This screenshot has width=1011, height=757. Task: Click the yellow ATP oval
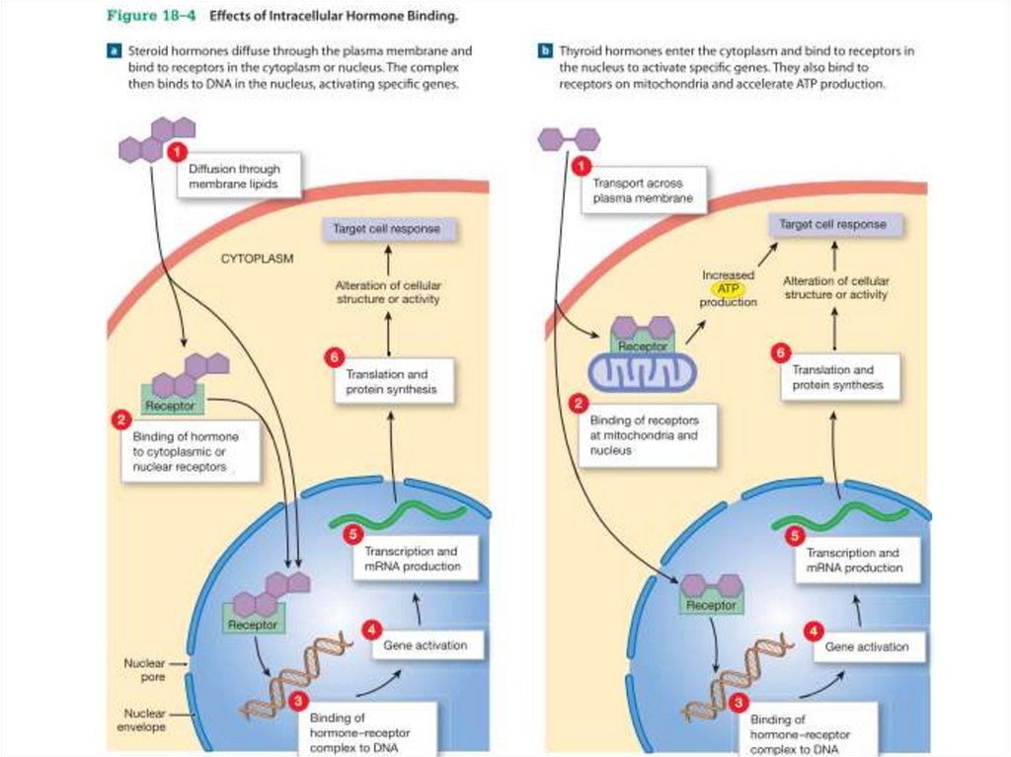click(729, 288)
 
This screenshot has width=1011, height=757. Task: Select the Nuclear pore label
click(144, 670)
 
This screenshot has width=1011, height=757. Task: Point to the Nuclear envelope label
click(144, 719)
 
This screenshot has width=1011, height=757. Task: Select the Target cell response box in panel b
click(832, 225)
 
